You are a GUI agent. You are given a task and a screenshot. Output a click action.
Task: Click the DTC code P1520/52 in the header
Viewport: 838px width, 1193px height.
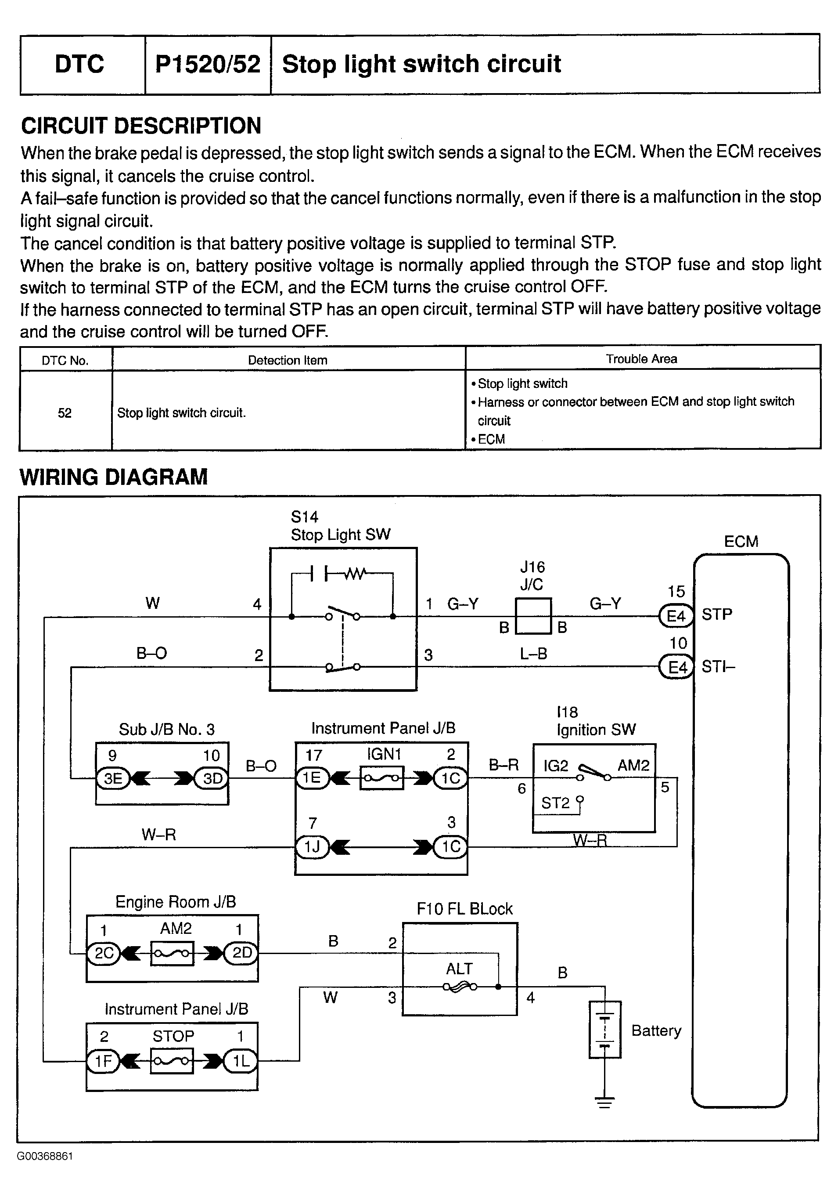click(x=208, y=65)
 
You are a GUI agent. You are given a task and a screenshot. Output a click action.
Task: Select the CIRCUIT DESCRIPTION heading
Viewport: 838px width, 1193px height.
click(x=141, y=126)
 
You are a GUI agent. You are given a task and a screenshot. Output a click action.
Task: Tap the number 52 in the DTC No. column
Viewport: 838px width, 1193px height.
click(x=65, y=413)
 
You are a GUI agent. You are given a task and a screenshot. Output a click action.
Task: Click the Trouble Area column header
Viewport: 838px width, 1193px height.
click(x=641, y=359)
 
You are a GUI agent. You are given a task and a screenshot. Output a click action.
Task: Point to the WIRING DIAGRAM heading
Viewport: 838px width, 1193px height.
click(x=113, y=477)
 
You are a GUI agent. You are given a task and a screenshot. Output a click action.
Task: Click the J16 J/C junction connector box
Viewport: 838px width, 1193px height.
click(x=533, y=616)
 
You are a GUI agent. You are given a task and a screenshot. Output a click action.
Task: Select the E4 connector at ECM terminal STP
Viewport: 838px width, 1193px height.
click(x=676, y=616)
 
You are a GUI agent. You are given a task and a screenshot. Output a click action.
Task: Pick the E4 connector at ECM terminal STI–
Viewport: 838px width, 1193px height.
click(x=676, y=667)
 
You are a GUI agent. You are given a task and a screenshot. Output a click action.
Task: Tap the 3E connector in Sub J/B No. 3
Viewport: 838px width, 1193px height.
click(x=113, y=778)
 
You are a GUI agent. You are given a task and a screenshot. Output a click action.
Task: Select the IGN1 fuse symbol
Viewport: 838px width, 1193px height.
click(x=381, y=778)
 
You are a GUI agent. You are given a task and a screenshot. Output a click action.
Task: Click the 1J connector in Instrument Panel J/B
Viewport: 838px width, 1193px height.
click(x=312, y=847)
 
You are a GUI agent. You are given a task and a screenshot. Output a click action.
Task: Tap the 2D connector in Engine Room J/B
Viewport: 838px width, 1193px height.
click(x=241, y=953)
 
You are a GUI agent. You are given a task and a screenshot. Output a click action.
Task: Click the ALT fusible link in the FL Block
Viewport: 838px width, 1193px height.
click(x=460, y=987)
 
